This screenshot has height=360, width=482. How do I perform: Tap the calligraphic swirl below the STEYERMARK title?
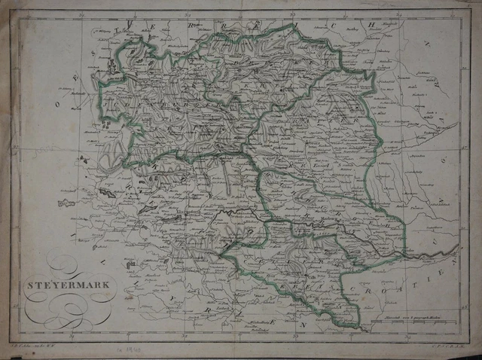pyautogui.click(x=63, y=309)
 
